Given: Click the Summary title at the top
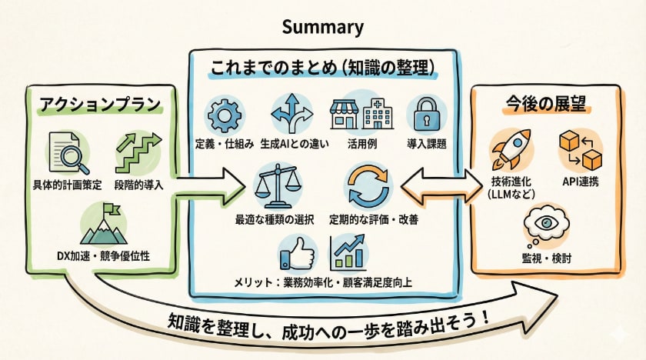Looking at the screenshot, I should (x=322, y=28).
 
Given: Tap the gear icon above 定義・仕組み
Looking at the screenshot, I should (x=225, y=115).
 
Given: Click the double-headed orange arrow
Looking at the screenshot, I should (x=437, y=185).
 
